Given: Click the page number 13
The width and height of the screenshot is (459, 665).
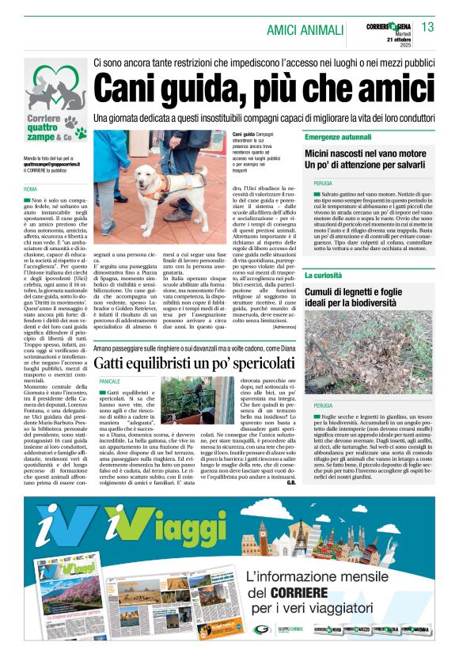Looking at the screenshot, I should click(428, 28).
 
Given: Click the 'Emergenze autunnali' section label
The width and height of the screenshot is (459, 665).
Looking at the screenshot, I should click(349, 137).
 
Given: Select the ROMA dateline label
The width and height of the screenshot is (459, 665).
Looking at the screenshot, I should click(30, 190).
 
